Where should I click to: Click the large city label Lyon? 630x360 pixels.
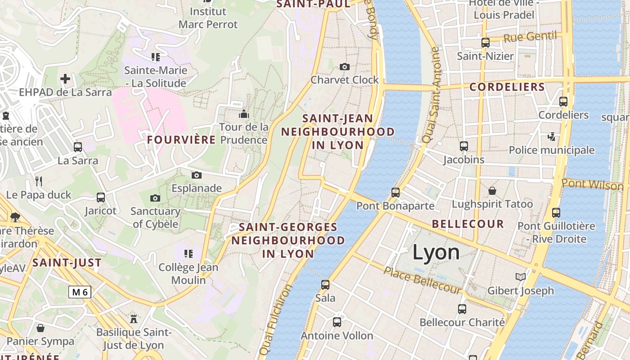436,252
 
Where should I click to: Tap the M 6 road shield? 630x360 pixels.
80,292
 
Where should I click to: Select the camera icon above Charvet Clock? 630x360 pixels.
345,67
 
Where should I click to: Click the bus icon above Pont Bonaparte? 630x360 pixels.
396,193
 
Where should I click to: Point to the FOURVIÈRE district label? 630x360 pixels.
181,140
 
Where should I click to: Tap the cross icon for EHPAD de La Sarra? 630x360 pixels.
65,79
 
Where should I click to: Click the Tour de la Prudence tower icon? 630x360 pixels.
244,114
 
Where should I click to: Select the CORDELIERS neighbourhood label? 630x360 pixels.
507,87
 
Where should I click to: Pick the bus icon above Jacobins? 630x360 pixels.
464,146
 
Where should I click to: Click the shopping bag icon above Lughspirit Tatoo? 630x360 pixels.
492,191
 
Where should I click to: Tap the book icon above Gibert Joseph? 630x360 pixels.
521,277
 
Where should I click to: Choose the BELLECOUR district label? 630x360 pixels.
468,224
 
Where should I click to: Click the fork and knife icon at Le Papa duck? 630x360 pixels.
39,181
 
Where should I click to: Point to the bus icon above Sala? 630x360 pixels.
325,284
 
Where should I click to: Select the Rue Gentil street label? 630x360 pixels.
530,37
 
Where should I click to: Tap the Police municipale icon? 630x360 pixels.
551,136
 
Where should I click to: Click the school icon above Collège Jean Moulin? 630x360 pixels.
189,254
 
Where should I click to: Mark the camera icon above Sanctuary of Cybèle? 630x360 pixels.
155,198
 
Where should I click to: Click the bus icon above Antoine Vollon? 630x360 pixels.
337,322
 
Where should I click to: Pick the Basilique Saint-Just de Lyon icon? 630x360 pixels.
134,319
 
